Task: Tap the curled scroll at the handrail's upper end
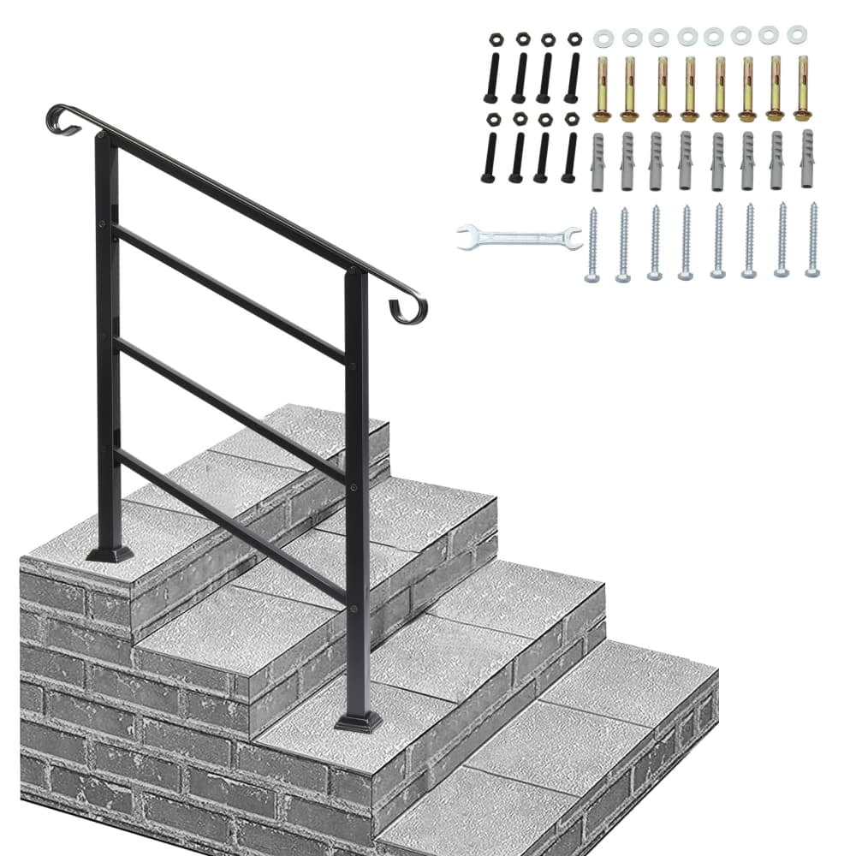coord(62,117)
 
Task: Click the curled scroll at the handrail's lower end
coord(410,310)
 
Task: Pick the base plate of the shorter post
coord(359,721)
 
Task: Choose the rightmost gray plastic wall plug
coord(807,159)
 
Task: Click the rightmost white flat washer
coord(797,34)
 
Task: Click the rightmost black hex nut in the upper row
coord(574,39)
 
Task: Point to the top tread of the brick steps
coord(257,462)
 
